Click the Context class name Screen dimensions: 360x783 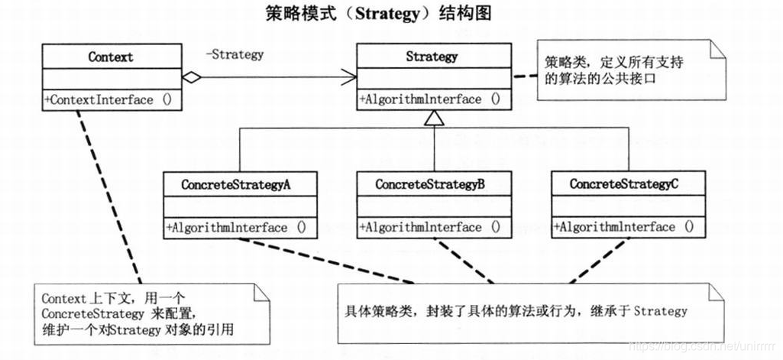point(111,57)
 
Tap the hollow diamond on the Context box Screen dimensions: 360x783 point(192,76)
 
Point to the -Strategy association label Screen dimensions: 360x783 point(234,54)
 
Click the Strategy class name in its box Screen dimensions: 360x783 point(432,57)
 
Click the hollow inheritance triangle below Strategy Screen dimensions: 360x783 point(434,118)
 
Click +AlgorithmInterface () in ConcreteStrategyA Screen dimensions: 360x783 point(235,227)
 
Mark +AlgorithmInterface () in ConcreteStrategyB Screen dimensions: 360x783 point(429,227)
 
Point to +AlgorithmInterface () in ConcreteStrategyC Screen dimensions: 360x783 point(623,227)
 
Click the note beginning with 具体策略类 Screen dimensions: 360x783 point(516,311)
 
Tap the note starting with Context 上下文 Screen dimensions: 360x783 point(150,313)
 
